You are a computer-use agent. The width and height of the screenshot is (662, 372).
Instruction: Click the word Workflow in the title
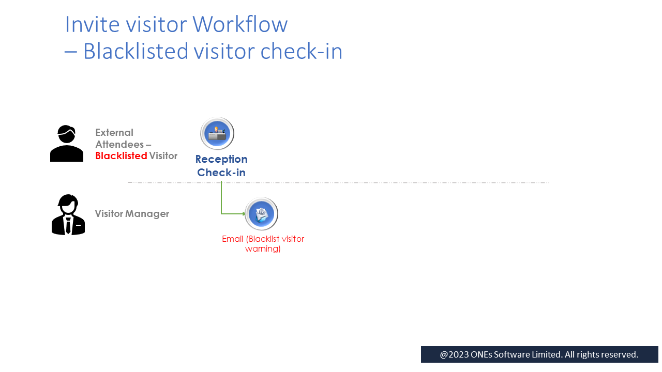[240, 24]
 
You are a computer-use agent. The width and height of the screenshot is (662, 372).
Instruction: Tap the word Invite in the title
[87, 24]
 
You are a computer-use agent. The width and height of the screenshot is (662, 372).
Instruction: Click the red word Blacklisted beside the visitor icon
[121, 156]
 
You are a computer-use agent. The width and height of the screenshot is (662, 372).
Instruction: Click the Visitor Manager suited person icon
[68, 215]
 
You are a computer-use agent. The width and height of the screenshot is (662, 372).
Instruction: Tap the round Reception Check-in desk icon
[217, 133]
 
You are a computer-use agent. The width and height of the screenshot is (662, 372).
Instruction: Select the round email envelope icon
[262, 213]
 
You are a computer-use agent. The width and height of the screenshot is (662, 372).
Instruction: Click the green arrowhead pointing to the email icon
[244, 213]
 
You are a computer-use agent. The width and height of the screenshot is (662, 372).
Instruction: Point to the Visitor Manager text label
[132, 213]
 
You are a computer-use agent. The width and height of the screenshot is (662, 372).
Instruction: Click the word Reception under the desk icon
[221, 159]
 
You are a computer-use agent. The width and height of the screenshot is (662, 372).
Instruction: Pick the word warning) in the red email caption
[263, 249]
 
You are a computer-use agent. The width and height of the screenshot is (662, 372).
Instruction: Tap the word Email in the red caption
[232, 239]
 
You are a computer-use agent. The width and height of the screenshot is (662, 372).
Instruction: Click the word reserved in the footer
[619, 354]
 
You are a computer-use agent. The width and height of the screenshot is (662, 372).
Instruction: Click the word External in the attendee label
[114, 133]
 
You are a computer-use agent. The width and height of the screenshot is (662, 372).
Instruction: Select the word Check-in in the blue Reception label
[221, 173]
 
